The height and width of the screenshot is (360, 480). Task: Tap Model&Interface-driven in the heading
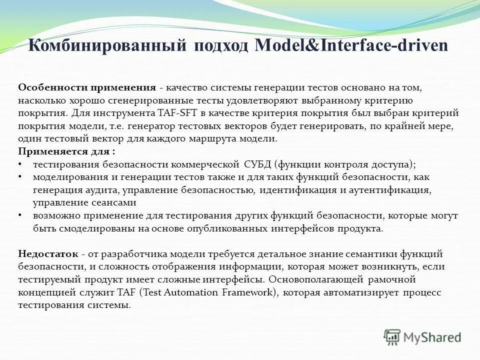(x=351, y=46)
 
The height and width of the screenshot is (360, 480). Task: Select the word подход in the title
(x=218, y=46)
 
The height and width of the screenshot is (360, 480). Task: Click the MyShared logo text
(x=433, y=337)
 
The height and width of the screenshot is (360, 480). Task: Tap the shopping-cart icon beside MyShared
(x=392, y=336)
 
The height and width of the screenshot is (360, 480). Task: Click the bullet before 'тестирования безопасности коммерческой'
(x=19, y=164)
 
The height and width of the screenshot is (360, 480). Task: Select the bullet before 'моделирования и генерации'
(x=19, y=177)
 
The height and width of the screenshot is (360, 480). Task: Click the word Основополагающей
(x=311, y=279)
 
